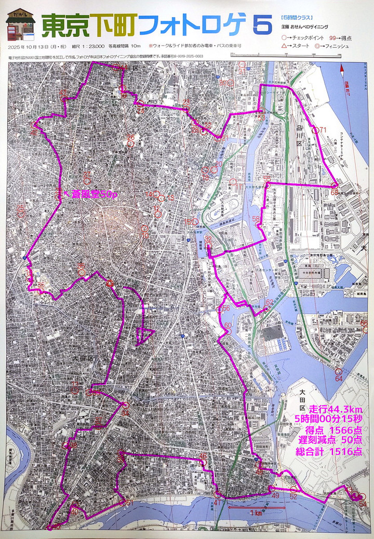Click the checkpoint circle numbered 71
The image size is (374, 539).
[315, 130]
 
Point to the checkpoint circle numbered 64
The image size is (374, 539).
[338, 372]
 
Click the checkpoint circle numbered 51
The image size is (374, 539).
[123, 503]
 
